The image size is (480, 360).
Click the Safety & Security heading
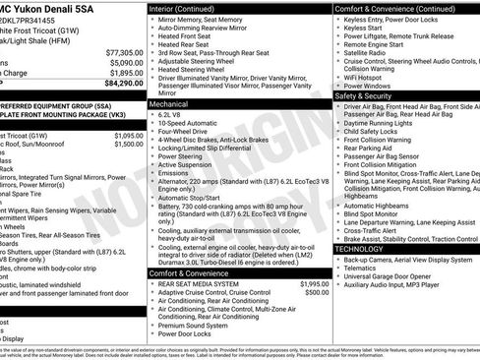click(370, 96)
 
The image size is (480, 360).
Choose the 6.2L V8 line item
click(171, 114)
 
